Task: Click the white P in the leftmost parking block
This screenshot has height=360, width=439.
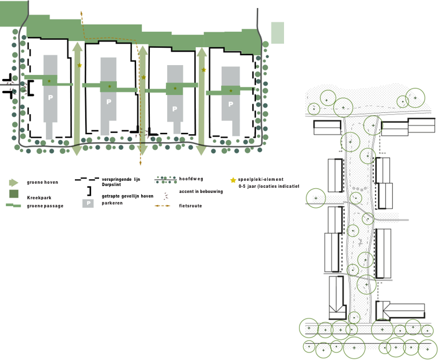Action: click(x=50, y=97)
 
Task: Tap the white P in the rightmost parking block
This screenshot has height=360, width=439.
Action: click(x=230, y=104)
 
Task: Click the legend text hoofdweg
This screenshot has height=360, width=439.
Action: click(x=190, y=179)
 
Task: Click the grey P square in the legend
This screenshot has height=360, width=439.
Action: click(x=88, y=203)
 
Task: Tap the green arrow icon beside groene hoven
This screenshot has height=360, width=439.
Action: click(x=13, y=183)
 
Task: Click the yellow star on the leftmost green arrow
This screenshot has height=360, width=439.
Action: click(x=80, y=66)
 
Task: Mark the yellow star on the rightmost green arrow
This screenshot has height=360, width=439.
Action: click(x=203, y=70)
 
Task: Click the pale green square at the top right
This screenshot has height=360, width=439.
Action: click(x=278, y=33)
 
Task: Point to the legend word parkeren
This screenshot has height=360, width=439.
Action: click(x=112, y=203)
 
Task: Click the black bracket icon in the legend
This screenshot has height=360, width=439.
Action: click(x=89, y=191)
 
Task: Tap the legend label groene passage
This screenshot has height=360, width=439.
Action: click(x=45, y=205)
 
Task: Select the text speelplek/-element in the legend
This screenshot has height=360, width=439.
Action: click(x=260, y=180)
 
